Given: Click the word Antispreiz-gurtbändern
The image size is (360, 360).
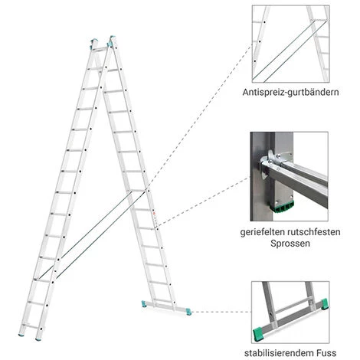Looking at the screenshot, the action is [x=290, y=92].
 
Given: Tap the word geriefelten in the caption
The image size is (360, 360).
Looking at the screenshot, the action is [x=263, y=232].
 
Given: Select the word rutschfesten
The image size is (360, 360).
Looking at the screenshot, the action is [x=314, y=232].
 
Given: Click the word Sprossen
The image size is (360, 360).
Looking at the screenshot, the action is [x=290, y=244].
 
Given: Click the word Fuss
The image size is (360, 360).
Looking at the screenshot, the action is [x=327, y=353].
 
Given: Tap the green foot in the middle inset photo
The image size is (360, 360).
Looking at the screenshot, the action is [x=281, y=207].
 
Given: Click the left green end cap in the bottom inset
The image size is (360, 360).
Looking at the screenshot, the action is [x=259, y=334].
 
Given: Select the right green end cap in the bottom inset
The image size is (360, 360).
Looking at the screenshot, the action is [x=324, y=304].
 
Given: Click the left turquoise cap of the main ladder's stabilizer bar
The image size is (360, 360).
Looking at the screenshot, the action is [x=144, y=304].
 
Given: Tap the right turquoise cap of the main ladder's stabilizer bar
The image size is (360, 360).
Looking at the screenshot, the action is [x=188, y=312].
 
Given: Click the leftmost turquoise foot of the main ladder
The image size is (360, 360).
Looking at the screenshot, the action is [x=21, y=334].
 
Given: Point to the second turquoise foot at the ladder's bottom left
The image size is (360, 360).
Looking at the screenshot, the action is [x=38, y=339].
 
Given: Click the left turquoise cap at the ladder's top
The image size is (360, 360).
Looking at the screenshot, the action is [x=94, y=42].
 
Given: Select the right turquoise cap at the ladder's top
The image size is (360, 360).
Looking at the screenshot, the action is [x=111, y=41].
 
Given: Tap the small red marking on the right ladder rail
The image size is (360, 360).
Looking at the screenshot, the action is [x=154, y=213].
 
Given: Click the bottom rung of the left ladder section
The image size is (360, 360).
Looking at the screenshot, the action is [x=31, y=326].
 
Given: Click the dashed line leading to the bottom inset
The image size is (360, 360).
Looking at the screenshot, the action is [x=221, y=312].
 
